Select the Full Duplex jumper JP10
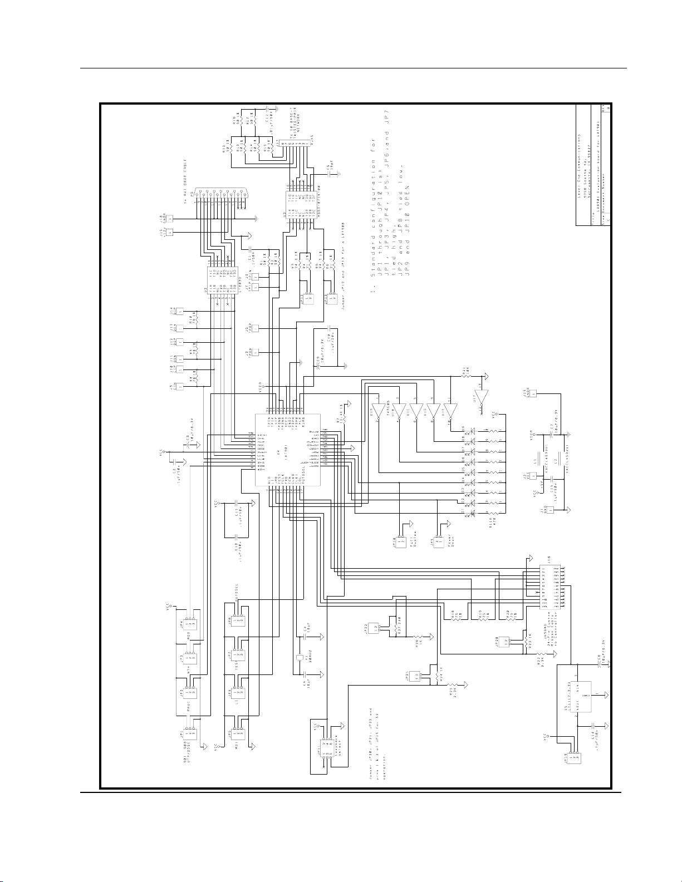(x=401, y=540)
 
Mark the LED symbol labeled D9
(x=473, y=430)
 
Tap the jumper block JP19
(x=574, y=757)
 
